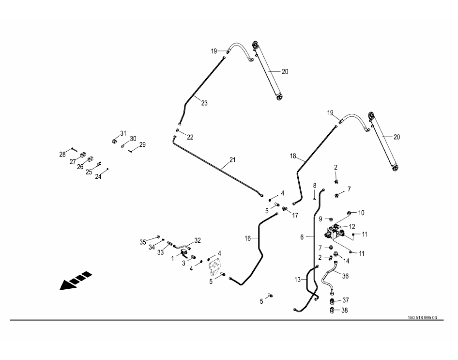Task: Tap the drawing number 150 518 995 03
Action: tap(422, 318)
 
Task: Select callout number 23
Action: tap(204, 103)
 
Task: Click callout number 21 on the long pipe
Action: tap(232, 160)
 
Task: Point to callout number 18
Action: tap(292, 156)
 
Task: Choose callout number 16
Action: tap(247, 238)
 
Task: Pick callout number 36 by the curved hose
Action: tap(345, 276)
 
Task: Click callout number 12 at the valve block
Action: tap(352, 226)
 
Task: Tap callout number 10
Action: tap(361, 213)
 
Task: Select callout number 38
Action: tap(345, 310)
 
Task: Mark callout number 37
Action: tap(345, 300)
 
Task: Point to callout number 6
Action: tap(302, 237)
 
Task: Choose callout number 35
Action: tap(142, 242)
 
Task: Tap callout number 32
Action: tap(197, 240)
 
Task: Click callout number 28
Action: tap(62, 154)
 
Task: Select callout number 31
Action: tap(123, 133)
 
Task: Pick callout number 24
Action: tap(98, 177)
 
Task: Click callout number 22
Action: tap(190, 137)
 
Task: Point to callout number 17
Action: tap(295, 215)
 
